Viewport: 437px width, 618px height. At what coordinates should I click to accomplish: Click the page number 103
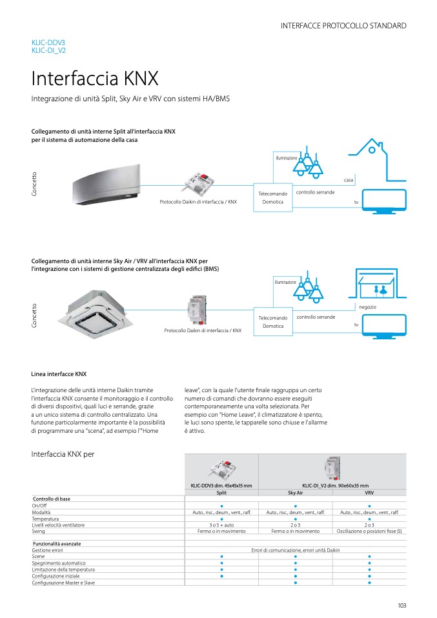[401, 605]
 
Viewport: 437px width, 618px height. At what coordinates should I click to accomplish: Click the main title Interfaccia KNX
[95, 79]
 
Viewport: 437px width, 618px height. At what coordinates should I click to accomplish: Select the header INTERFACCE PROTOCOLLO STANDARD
[343, 26]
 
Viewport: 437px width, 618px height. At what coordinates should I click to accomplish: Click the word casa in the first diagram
[348, 180]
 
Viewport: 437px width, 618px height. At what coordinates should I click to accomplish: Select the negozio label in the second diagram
[367, 306]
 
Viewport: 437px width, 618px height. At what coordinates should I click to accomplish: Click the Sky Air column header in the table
[295, 492]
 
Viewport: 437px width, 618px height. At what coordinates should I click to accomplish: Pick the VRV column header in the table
[369, 492]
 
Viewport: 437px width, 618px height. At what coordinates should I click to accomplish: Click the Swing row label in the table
[38, 531]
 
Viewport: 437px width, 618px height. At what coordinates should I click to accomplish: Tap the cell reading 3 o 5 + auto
[221, 525]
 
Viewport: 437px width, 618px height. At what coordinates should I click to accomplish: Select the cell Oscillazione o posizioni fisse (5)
[369, 531]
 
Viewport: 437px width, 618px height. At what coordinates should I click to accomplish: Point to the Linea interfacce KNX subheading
[59, 374]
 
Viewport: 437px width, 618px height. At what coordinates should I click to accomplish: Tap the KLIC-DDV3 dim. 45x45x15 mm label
[221, 485]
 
